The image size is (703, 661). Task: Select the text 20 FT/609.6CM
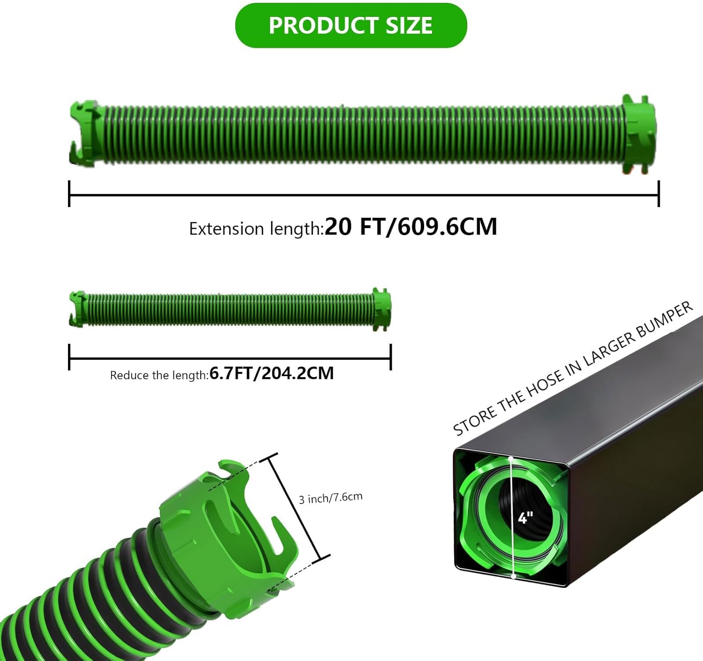[411, 227]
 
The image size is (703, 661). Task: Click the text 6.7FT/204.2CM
[271, 373]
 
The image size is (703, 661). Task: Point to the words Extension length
[255, 229]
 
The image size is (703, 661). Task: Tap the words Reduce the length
[159, 375]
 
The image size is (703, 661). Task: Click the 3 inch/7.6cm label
[330, 498]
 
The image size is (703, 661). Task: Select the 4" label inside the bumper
[525, 518]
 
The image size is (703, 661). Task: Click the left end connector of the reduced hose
[77, 309]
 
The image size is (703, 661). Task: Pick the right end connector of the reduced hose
[381, 309]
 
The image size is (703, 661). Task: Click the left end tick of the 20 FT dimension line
[69, 193]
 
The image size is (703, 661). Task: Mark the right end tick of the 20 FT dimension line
[658, 193]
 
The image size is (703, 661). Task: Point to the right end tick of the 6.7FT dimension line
[390, 357]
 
